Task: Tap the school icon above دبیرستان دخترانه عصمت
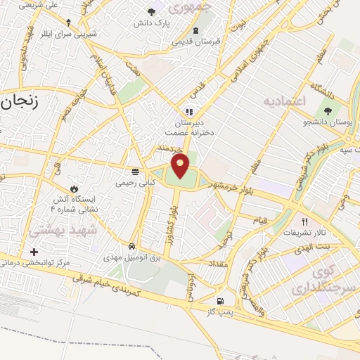188,111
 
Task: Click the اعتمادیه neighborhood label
285,102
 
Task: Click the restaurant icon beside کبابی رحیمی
134,171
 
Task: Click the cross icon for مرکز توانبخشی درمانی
33,252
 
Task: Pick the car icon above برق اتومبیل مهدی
132,247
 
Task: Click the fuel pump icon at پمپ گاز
213,300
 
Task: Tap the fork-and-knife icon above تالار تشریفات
304,221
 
